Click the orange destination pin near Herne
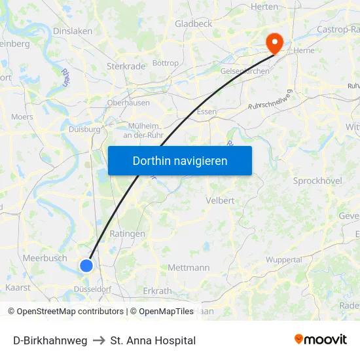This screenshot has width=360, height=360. [274, 43]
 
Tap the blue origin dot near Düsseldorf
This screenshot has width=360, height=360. [86, 265]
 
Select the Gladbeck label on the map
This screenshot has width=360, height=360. [193, 24]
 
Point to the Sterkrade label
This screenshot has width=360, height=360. [126, 66]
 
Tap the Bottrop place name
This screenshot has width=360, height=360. [165, 63]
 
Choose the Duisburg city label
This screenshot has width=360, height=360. [85, 129]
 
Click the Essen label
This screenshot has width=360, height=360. [206, 111]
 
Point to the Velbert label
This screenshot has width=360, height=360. [220, 200]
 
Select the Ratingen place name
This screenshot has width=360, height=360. [128, 233]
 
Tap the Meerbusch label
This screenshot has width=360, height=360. [45, 258]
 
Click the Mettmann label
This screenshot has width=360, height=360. [189, 268]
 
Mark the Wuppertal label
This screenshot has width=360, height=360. [283, 260]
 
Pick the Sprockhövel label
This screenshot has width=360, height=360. [317, 181]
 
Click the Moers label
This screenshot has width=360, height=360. [22, 117]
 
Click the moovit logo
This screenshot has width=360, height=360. [321, 340]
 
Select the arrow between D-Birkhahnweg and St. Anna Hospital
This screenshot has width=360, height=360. [99, 340]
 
